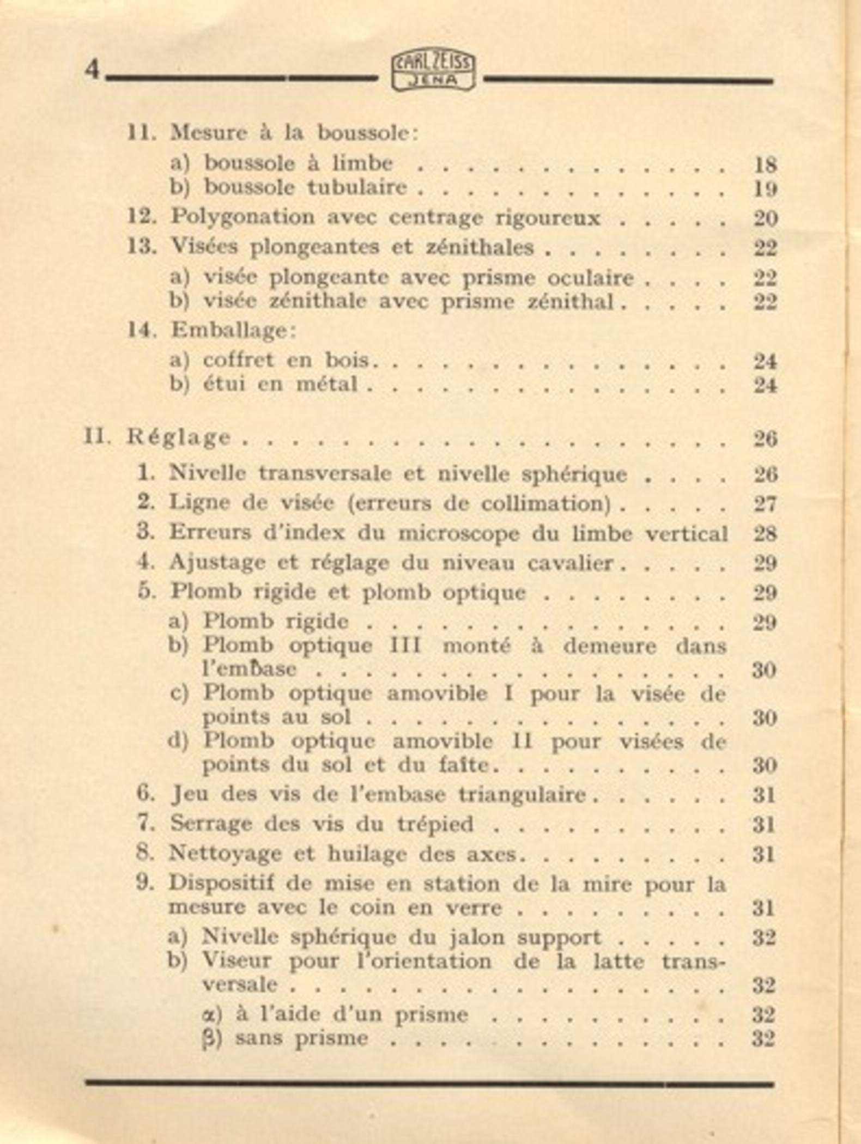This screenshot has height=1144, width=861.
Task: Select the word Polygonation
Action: coord(242,217)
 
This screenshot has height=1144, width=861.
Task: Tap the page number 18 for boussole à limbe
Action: coord(765,165)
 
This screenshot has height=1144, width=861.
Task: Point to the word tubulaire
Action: coord(357,187)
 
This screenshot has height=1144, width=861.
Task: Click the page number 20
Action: coord(765,218)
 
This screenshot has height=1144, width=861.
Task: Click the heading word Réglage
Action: coord(179,437)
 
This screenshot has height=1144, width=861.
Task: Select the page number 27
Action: coord(765,503)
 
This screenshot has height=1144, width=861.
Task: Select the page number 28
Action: coord(765,533)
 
